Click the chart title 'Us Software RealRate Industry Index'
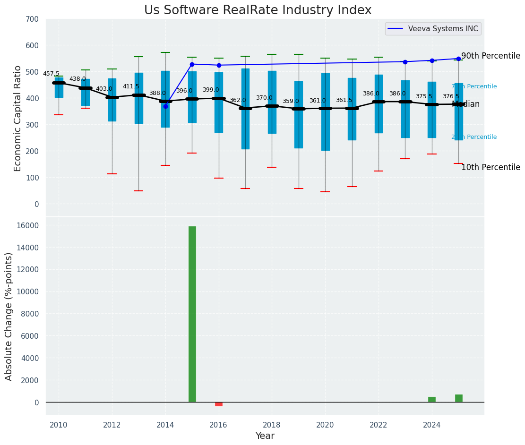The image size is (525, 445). click(258, 10)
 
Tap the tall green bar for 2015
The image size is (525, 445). click(192, 314)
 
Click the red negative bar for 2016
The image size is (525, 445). click(219, 404)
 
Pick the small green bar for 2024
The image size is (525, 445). click(432, 400)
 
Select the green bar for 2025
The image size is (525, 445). click(459, 398)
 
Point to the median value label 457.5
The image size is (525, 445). click(51, 74)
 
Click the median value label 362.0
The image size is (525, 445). click(238, 100)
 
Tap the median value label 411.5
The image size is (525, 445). click(131, 86)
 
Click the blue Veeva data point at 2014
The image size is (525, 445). click(165, 106)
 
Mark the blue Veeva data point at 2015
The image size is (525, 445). click(192, 64)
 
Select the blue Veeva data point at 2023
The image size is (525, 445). click(405, 62)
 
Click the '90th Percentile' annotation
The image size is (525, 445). click(491, 56)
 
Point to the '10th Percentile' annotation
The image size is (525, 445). click(491, 167)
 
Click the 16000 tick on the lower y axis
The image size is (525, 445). click(28, 225)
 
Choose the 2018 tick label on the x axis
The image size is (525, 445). click(272, 425)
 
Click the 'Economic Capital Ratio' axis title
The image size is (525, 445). click(18, 118)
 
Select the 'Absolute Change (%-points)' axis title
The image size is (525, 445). click(9, 316)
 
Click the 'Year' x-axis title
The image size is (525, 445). click(265, 436)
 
